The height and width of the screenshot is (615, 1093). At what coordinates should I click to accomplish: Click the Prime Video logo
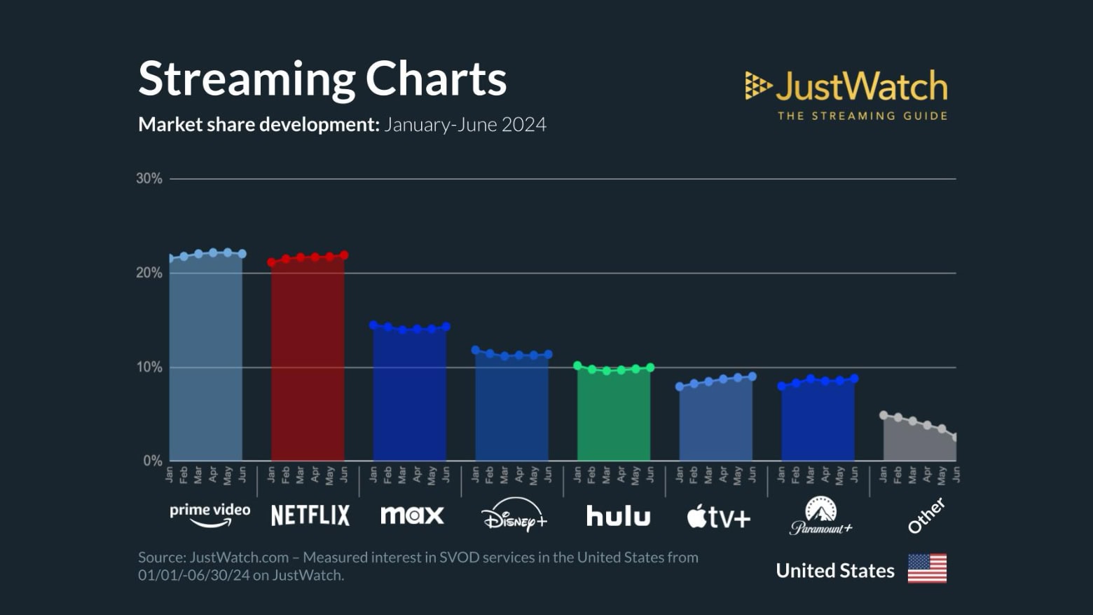pos(209,515)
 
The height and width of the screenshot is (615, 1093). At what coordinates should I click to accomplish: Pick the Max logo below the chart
pos(412,515)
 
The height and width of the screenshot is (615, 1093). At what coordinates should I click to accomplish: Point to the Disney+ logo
pos(514,515)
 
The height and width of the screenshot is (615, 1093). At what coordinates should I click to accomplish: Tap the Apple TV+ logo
pos(718,517)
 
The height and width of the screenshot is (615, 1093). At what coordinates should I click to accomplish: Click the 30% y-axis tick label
pos(149,179)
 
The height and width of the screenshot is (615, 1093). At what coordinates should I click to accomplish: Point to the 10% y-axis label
pos(149,367)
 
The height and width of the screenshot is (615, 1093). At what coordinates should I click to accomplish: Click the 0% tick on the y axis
pos(152,461)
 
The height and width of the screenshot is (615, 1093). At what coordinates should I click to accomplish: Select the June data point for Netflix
pos(344,255)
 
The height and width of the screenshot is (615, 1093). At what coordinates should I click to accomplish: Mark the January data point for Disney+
pos(476,350)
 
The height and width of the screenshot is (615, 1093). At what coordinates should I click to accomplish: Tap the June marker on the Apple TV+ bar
pos(752,377)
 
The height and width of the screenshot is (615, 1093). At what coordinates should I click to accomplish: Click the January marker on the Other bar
pos(884,415)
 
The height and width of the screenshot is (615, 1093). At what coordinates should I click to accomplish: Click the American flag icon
pos(927,569)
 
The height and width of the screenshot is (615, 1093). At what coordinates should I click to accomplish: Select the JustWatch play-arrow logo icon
pos(757,86)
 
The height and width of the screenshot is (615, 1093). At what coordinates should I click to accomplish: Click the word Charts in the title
pos(436,79)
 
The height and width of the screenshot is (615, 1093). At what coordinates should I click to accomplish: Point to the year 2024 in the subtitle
pos(523,125)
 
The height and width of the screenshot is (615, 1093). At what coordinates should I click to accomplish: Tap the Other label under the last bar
pos(926,516)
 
